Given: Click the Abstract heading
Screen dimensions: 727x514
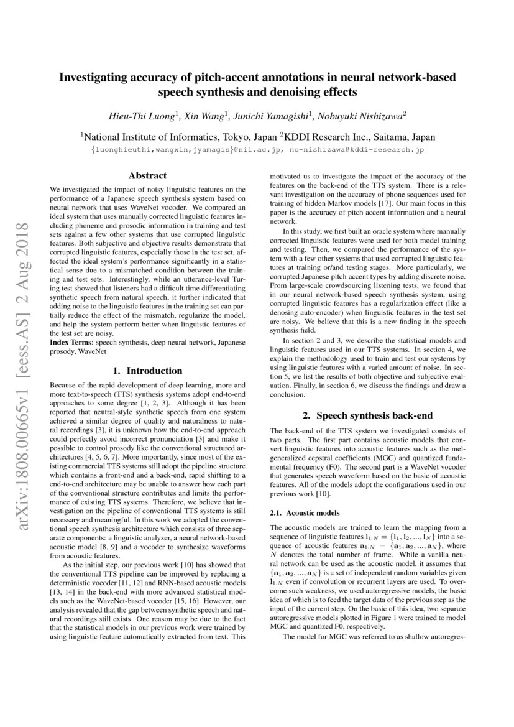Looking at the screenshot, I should pos(147,176).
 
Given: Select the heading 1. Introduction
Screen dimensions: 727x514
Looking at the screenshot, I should pos(147,371).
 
